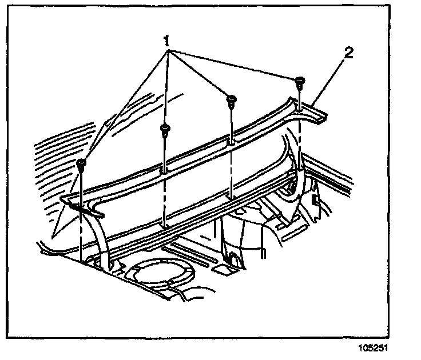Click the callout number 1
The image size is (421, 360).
(166, 41)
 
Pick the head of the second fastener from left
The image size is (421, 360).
(164, 129)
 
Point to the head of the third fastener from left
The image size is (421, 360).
(231, 99)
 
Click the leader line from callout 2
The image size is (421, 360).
(332, 80)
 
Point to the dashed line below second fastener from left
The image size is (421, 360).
(164, 200)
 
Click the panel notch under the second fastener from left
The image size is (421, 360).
(164, 170)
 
